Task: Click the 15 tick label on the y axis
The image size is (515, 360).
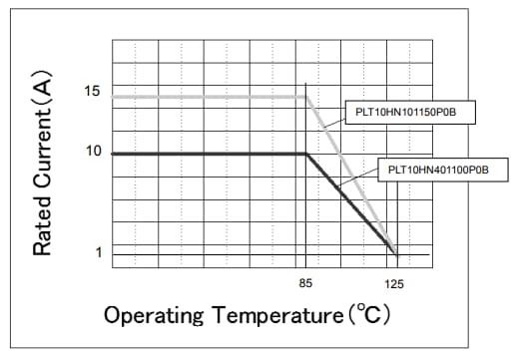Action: (92, 92)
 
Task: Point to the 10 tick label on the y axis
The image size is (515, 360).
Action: (92, 152)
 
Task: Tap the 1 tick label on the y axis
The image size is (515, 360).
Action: (97, 252)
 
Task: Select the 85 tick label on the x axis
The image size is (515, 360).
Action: (305, 284)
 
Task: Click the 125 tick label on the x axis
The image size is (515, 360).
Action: (395, 284)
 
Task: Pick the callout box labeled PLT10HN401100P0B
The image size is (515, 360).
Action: (438, 171)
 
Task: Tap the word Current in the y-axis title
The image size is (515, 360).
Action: (42, 149)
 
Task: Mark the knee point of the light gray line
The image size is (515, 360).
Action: (305, 97)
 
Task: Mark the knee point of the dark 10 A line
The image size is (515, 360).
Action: (305, 154)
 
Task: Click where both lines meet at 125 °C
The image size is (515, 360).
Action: (396, 250)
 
